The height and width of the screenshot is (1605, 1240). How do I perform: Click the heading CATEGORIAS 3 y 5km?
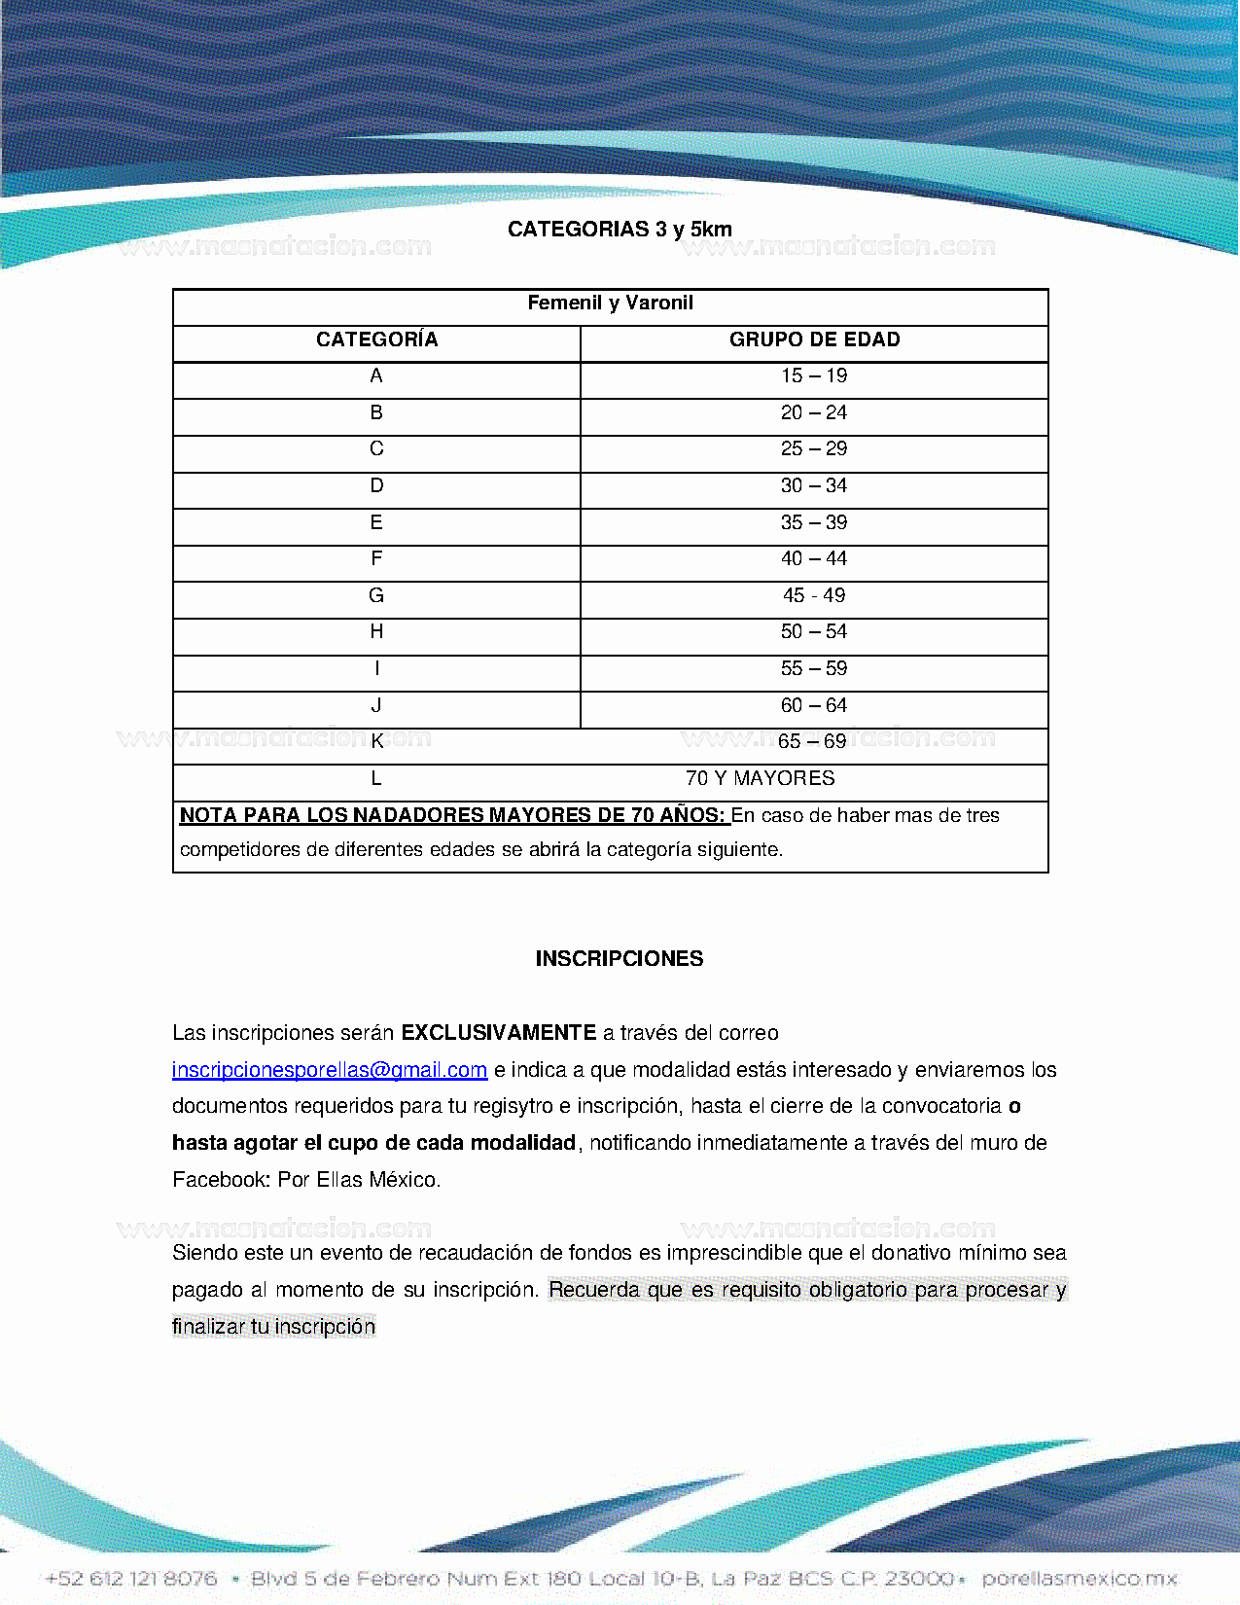[x=620, y=230]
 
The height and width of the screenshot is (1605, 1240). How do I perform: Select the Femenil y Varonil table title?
[x=610, y=303]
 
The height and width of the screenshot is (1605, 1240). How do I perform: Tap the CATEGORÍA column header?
[x=376, y=339]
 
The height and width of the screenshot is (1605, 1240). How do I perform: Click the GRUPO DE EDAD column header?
[x=814, y=339]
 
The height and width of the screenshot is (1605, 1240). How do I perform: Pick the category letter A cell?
[x=376, y=376]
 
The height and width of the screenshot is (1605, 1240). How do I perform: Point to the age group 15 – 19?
[x=814, y=376]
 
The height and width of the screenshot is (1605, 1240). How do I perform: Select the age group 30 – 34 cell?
[x=814, y=486]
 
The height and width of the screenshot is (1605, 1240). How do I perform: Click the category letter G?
[x=376, y=595]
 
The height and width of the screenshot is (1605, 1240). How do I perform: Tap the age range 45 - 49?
[x=814, y=595]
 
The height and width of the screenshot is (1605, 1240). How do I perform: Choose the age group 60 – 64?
[x=814, y=705]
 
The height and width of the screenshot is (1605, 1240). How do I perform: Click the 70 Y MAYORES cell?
[x=760, y=778]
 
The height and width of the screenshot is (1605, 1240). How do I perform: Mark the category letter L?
[x=376, y=778]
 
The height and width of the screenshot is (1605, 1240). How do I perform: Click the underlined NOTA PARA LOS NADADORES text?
[x=452, y=815]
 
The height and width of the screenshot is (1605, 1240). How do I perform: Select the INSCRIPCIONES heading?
[x=620, y=959]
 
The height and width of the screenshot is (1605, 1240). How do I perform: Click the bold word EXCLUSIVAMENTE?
[x=499, y=1033]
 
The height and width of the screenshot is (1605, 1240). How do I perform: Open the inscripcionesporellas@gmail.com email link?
[x=330, y=1070]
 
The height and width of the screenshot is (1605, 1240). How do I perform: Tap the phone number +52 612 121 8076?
[x=131, y=1578]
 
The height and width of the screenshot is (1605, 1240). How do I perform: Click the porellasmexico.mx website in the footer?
[x=1080, y=1578]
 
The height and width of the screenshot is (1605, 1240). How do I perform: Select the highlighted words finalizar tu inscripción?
[x=273, y=1327]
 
